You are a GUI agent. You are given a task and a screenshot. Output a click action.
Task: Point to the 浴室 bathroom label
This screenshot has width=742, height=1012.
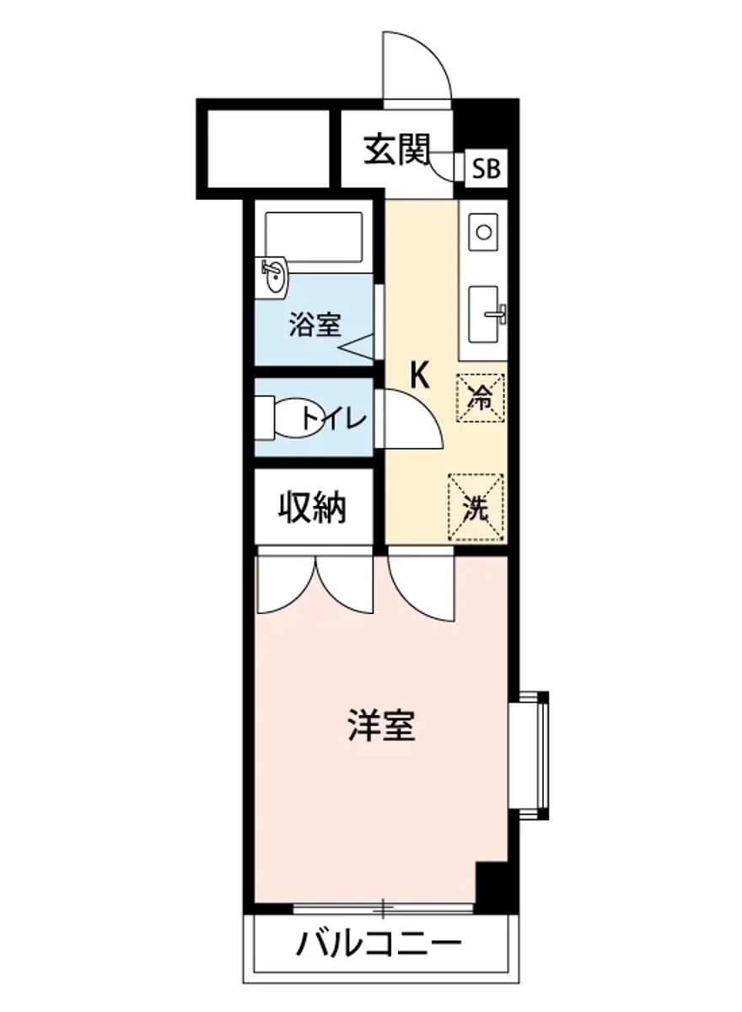(x=315, y=324)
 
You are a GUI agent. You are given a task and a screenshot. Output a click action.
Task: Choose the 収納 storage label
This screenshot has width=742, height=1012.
(x=314, y=508)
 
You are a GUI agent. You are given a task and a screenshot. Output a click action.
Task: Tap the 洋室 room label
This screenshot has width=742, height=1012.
(x=382, y=725)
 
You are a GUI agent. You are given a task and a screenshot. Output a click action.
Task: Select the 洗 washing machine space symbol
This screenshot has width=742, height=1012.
(x=476, y=507)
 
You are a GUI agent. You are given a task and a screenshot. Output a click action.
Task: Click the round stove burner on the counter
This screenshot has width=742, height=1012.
(x=484, y=230)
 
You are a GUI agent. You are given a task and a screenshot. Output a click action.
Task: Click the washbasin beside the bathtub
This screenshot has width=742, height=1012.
(x=273, y=274)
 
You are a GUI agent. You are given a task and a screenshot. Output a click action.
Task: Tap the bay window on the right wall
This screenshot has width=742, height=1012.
(x=531, y=755)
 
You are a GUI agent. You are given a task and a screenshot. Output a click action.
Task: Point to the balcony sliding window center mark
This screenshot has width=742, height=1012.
(x=384, y=909)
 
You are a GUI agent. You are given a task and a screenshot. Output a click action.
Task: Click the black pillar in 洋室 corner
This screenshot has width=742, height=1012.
(x=492, y=885)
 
